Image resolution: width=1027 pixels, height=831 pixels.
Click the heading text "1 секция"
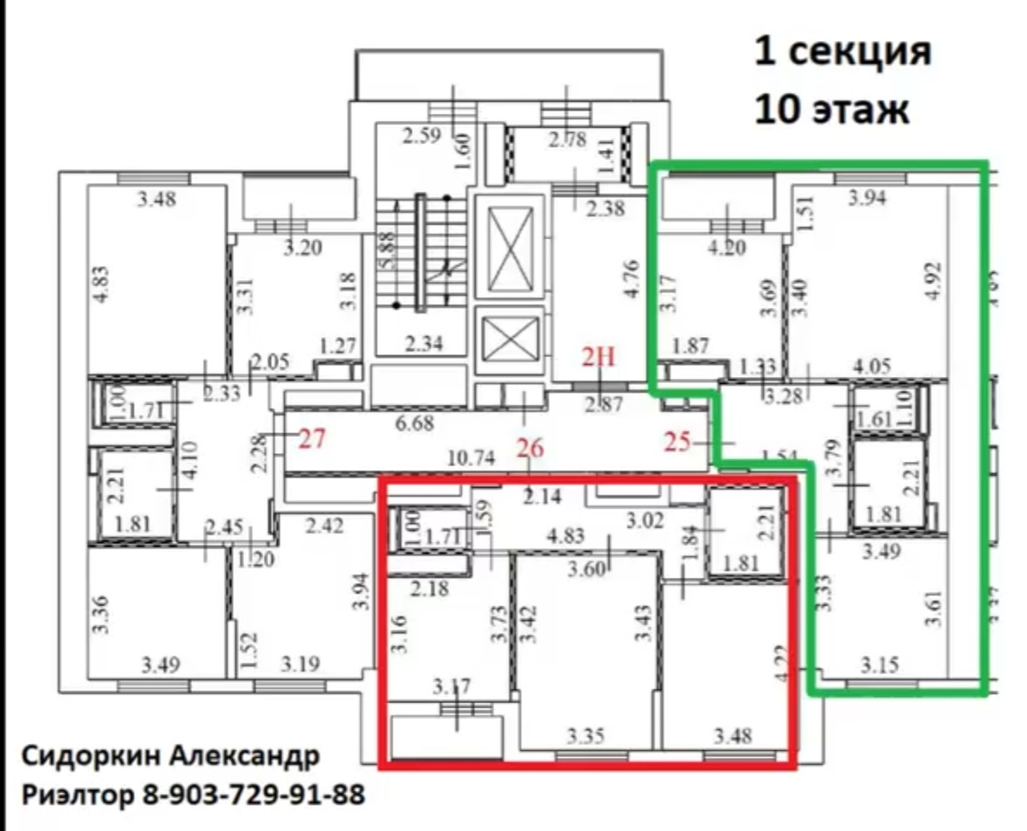pos(842,52)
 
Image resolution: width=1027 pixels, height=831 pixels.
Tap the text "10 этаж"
pos(831,107)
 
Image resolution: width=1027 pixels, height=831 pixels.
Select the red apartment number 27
pos(312,439)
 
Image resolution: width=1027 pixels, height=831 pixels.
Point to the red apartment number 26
pos(530,448)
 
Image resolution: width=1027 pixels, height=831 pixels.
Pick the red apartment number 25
pos(678,440)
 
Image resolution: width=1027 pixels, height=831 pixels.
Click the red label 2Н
pos(598,355)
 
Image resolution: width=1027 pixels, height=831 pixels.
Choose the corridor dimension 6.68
pos(414,422)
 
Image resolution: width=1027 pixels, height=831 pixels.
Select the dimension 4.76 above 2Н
pos(631,278)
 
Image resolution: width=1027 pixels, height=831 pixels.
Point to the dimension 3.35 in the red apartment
pos(585,735)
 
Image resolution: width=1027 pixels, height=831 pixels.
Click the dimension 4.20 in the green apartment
pos(727,248)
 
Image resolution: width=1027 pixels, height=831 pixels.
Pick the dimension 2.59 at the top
pos(422,135)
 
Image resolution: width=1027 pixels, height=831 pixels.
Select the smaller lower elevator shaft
pos(511,339)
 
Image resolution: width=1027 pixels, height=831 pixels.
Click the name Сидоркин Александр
pos(170,756)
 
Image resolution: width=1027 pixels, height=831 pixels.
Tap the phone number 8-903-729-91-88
pos(254,795)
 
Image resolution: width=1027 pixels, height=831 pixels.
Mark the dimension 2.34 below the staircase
pos(424,344)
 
